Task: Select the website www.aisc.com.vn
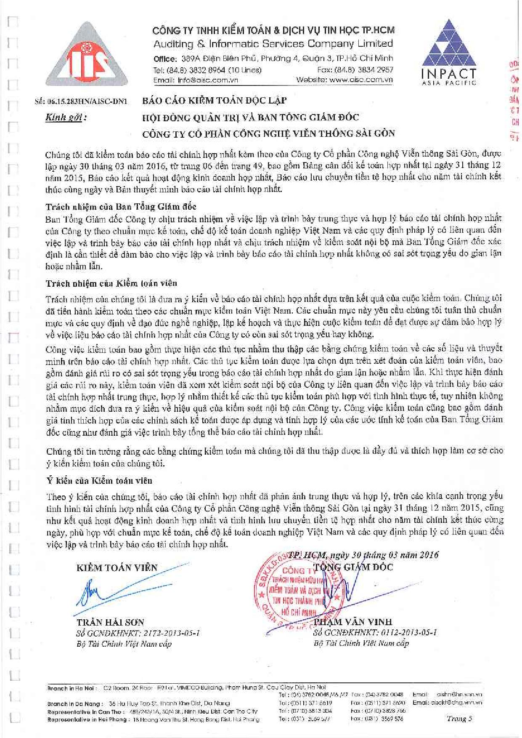pos(361,80)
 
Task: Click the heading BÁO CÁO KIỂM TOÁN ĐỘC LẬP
pos(214,101)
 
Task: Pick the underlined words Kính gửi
pos(65,117)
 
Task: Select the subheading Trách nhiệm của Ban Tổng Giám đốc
pos(121,207)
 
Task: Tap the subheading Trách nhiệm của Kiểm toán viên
pos(111,283)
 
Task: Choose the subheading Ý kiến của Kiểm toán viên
pos(99,480)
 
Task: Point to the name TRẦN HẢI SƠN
pos(110,622)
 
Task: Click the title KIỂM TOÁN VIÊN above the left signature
pos(117,568)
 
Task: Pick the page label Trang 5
pos(459,719)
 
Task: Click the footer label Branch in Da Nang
pos(74,703)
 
